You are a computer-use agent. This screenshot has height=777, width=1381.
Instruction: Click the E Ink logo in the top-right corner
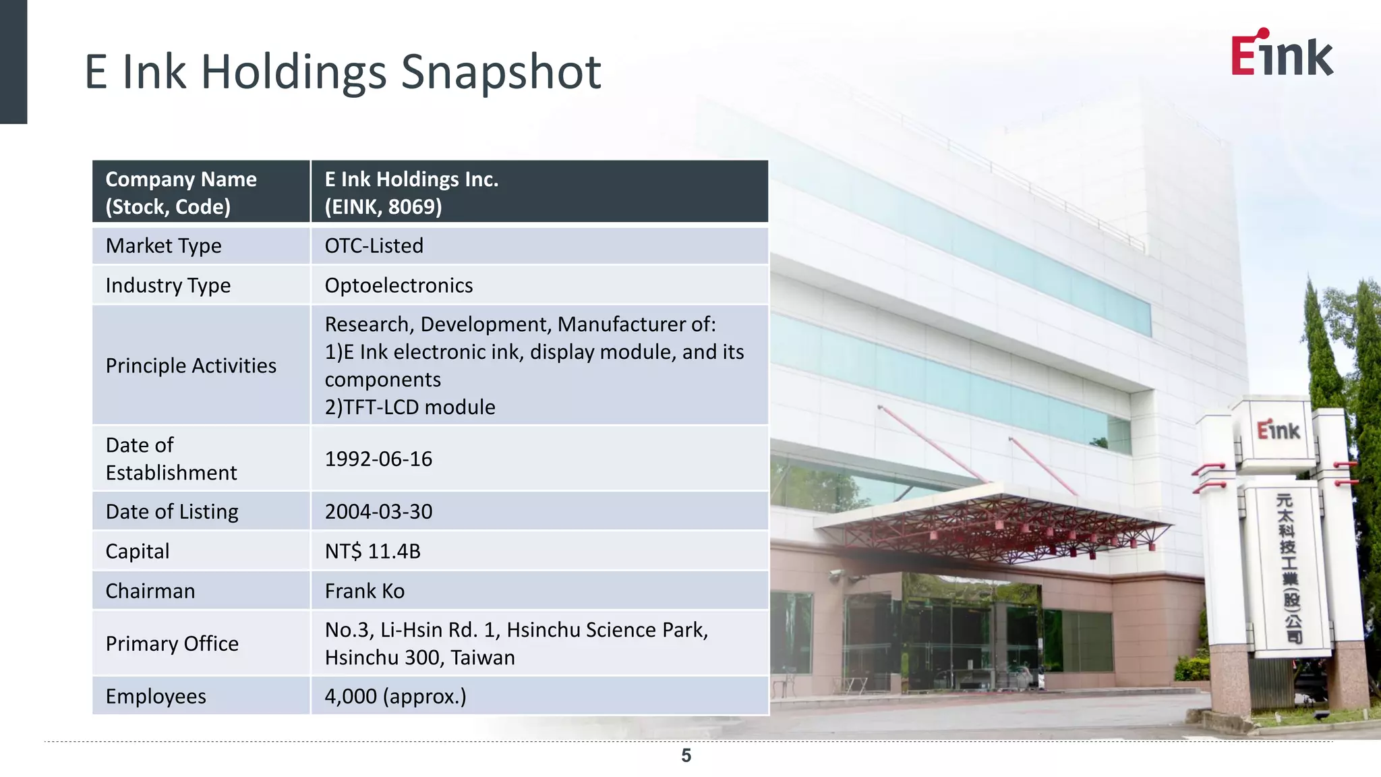(1281, 54)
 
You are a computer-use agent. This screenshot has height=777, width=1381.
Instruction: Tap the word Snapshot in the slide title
(500, 72)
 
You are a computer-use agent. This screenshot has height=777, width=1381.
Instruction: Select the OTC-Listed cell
(374, 246)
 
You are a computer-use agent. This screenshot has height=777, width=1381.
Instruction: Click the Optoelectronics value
(399, 285)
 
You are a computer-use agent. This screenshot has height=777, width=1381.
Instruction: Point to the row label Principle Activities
(191, 366)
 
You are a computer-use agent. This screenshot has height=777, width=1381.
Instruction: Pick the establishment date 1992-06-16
(378, 459)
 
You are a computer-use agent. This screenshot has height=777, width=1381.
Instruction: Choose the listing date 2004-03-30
(378, 512)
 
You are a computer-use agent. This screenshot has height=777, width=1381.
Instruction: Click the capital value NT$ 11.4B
(372, 552)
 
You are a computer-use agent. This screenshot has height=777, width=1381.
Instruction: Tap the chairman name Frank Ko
(364, 592)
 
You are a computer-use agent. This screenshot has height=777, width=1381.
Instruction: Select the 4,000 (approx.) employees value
(395, 697)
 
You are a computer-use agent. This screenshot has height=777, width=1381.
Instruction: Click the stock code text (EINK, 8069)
(383, 207)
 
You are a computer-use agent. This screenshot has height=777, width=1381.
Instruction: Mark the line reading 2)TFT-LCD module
(410, 407)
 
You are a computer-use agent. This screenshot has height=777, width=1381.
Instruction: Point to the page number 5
(686, 756)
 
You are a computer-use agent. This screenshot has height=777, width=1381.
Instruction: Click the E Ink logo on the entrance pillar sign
(1278, 430)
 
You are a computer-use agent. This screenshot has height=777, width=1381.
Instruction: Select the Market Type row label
(163, 246)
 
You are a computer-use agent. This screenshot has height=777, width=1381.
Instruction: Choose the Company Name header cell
(181, 192)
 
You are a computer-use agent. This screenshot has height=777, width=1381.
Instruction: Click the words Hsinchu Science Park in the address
(607, 630)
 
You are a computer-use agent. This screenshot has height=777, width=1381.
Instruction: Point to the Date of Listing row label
(172, 512)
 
